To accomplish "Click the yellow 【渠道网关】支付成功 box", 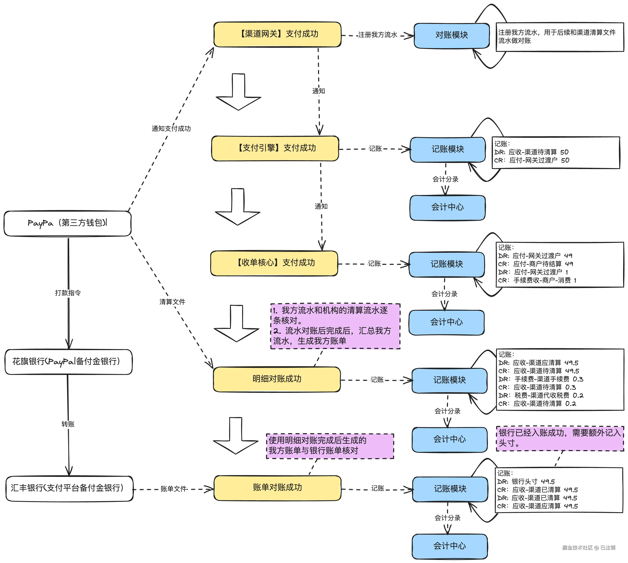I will [277, 34].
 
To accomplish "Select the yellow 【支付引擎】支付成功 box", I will [275, 148].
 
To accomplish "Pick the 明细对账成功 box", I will [277, 379].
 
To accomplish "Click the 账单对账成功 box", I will [277, 488].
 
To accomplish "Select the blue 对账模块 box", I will [452, 35].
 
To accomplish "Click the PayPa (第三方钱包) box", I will [67, 223].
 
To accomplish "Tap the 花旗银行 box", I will [68, 362].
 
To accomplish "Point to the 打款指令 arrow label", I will [68, 293].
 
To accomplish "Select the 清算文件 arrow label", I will [172, 302].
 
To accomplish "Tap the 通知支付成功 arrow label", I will [171, 128].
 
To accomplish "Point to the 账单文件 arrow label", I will [174, 489].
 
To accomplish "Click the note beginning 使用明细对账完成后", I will [330, 446].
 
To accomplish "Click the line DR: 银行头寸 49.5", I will [526, 482].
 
